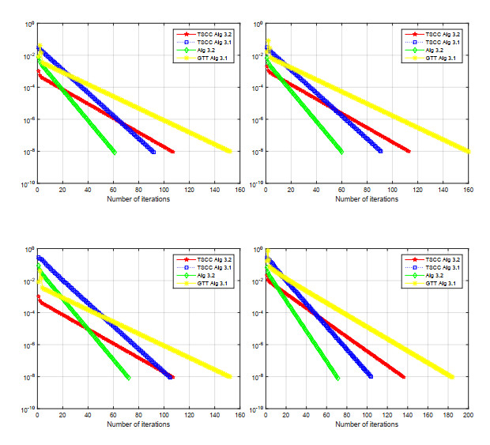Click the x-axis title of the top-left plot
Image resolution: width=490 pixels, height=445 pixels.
coord(138,198)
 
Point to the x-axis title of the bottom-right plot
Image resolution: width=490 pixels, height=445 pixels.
coord(367,424)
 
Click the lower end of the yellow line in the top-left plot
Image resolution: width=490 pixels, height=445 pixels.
coord(229,151)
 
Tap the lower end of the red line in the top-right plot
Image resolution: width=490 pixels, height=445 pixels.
coord(409,151)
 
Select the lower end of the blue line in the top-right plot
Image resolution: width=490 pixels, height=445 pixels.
coord(380,151)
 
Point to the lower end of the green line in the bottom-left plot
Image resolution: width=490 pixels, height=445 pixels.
coord(128,378)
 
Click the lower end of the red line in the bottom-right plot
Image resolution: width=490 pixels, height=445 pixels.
coord(403,377)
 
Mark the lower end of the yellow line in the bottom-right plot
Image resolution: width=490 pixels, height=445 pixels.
coord(451,377)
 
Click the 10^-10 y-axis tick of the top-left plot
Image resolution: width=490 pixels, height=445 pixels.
coord(25,184)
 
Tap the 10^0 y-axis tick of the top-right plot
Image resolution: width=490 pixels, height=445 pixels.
coord(254,25)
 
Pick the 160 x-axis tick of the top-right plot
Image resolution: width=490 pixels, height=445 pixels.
coord(467,190)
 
